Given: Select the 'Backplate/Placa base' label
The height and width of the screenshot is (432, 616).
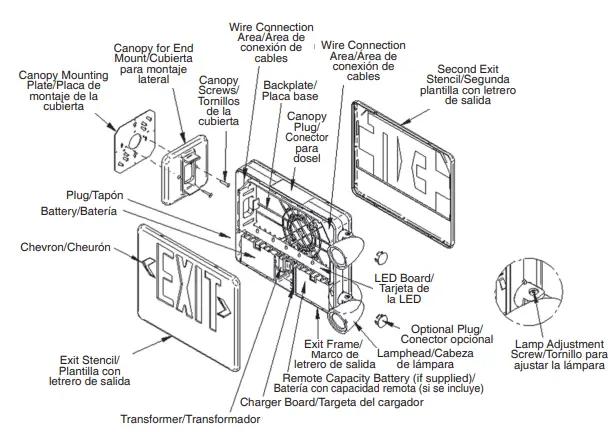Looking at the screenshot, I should click(x=289, y=92).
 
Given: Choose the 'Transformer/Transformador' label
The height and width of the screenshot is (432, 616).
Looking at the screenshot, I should click(x=190, y=417).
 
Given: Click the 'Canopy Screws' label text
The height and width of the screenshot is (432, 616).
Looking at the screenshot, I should click(x=219, y=100).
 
